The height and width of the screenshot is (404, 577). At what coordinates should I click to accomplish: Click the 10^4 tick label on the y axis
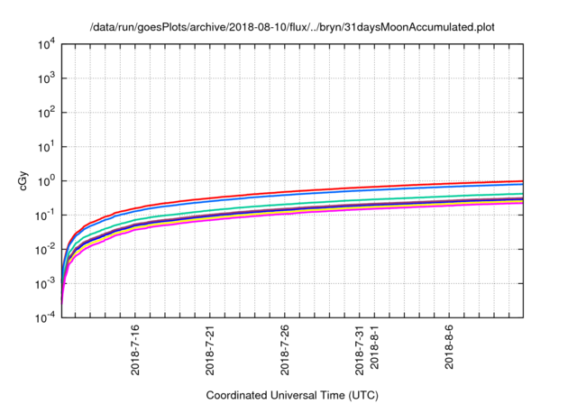point(46,44)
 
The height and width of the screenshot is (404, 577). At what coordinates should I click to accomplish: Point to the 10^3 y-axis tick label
point(46,78)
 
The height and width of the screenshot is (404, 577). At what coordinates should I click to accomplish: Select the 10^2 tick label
point(46,112)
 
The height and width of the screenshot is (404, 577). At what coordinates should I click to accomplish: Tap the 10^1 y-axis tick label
point(46,146)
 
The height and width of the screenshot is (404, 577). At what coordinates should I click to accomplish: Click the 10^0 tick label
point(46,180)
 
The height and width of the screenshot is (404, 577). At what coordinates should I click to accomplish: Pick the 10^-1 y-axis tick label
point(45,215)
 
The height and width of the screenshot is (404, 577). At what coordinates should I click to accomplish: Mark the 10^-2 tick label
point(45,249)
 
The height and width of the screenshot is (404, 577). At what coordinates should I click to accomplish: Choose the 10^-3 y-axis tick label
point(45,283)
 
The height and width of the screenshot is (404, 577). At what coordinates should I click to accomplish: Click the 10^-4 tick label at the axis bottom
point(45,317)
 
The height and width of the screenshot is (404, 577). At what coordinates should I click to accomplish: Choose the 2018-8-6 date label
point(450,349)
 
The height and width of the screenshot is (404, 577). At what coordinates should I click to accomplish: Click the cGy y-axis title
point(25,181)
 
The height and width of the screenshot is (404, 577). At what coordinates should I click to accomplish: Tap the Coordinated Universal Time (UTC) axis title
point(292,395)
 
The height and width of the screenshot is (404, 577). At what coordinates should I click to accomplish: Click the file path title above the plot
point(292,27)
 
